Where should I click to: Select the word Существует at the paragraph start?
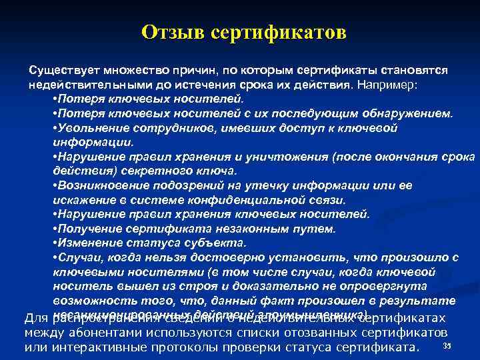click(x=58, y=70)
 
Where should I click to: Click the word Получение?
click(x=84, y=229)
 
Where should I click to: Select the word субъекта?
click(x=213, y=243)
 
